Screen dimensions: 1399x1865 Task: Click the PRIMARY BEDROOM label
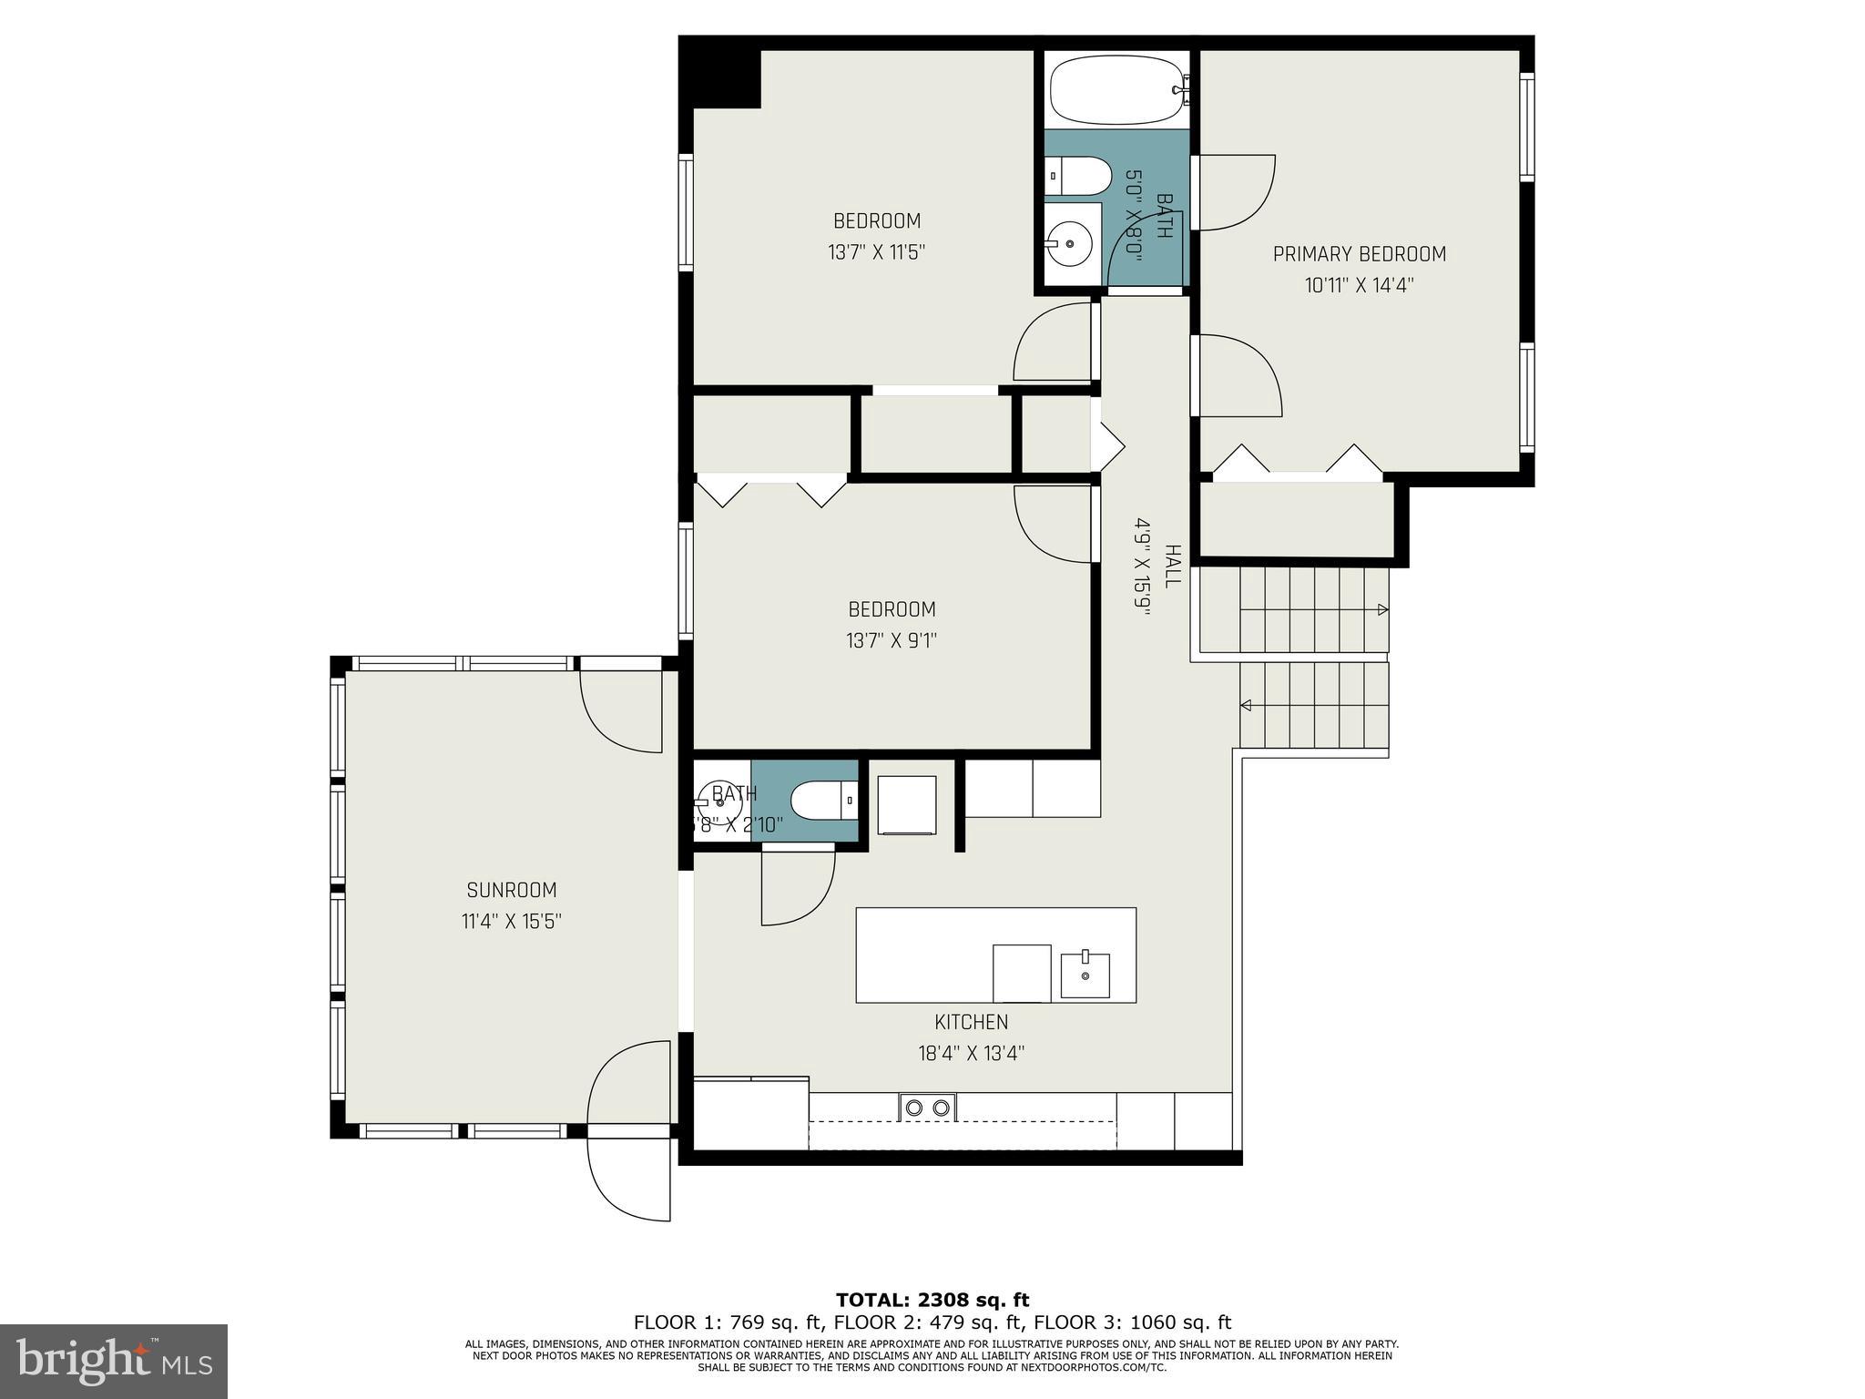tap(1359, 254)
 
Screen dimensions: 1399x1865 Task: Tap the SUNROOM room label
tap(511, 890)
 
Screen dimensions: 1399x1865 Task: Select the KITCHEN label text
tap(971, 1022)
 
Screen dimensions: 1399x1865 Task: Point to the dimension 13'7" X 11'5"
tap(876, 252)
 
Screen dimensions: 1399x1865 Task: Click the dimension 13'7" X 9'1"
tap(891, 640)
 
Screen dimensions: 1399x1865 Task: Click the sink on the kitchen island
tap(1085, 975)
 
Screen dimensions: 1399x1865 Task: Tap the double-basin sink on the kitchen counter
tap(928, 1108)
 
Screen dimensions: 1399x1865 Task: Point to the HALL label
tap(1173, 566)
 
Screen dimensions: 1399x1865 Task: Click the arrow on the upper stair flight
tap(1382, 609)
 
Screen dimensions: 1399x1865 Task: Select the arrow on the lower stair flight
tap(1246, 705)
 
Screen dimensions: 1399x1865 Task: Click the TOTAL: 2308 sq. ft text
tap(932, 1300)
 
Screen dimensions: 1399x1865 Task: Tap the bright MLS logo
tap(114, 1362)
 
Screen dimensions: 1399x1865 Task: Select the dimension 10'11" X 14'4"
tap(1359, 285)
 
